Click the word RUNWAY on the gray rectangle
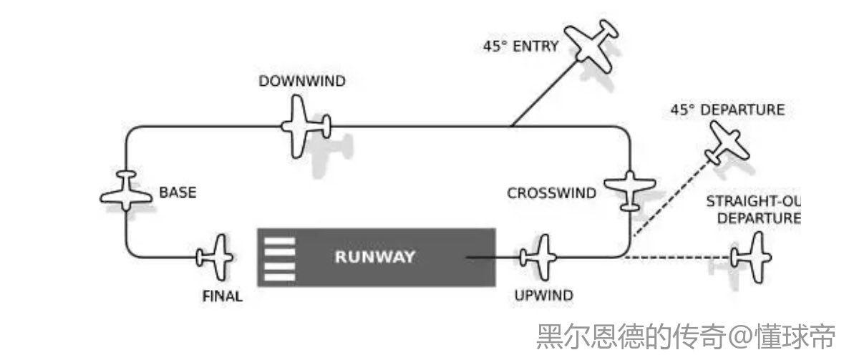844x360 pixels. coord(374,257)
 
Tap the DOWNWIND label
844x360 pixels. coord(301,81)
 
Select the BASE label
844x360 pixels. coord(177,193)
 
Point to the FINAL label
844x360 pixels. coord(222,296)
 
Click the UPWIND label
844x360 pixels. coord(543,294)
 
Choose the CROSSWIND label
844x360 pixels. coord(551,193)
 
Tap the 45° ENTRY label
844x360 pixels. coord(520,48)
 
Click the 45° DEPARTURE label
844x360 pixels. coord(727,110)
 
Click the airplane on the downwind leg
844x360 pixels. coord(304,127)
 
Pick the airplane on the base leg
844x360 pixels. coord(126,192)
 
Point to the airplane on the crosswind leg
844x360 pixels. coord(629,189)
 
